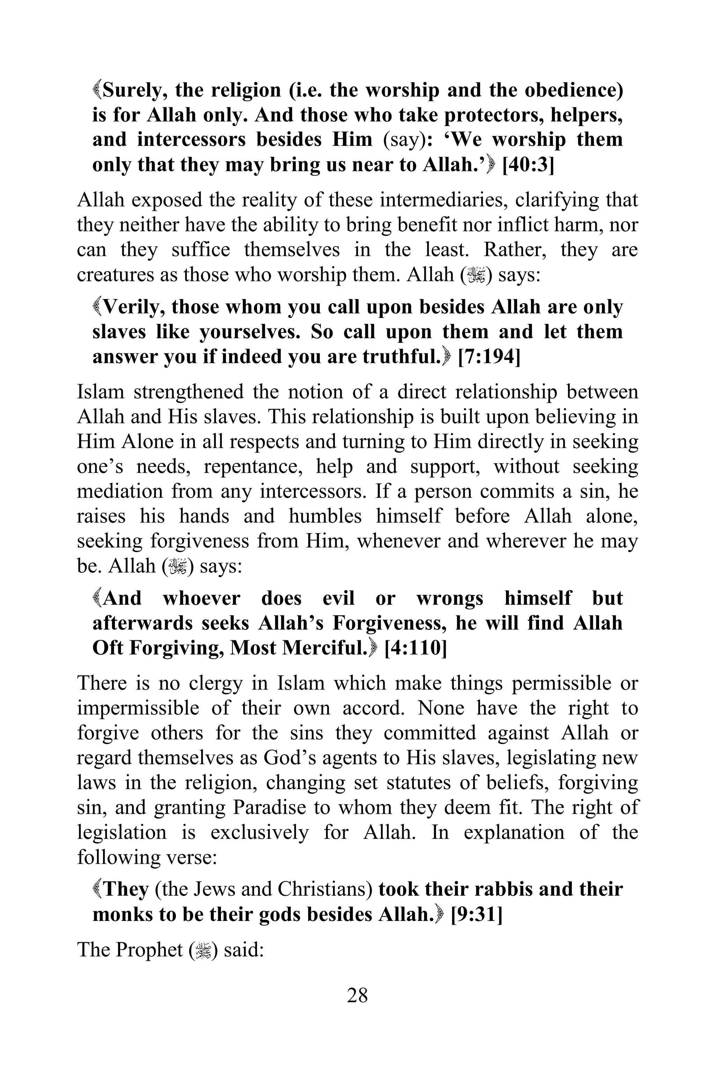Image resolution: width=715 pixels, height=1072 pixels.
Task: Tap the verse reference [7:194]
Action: pos(488,356)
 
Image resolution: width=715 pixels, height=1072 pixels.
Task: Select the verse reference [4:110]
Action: pos(415,648)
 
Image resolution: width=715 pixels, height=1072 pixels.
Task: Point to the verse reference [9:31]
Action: pos(476,914)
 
